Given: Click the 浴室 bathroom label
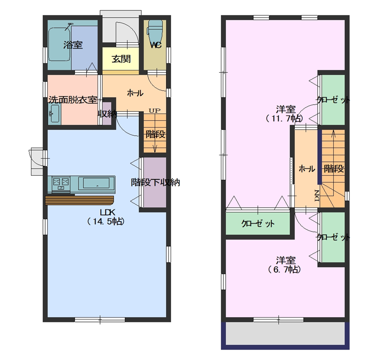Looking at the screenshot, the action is point(73,45).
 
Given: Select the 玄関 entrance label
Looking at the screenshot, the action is point(121,59).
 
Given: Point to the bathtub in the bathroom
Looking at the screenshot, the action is point(60,44).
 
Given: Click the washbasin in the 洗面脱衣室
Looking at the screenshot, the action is point(55,114).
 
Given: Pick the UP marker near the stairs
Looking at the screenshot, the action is point(154,111).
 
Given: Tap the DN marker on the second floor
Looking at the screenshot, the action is point(317,196).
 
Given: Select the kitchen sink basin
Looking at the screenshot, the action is point(97,183).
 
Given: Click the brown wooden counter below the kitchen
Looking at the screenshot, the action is point(80,200).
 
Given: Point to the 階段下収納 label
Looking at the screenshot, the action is point(155,182).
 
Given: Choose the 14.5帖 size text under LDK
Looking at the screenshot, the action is point(106,221).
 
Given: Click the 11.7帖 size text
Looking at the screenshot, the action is point(284,119).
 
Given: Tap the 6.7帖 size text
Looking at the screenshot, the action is point(284,270).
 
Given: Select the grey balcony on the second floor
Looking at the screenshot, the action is point(285,333).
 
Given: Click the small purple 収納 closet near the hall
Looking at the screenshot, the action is point(106,114).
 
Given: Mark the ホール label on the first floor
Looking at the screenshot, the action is point(135,93).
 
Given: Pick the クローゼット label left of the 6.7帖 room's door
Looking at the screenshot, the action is point(258,223).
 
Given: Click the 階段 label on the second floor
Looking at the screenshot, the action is point(334,169).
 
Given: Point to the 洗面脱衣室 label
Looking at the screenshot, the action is point(73,100).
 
